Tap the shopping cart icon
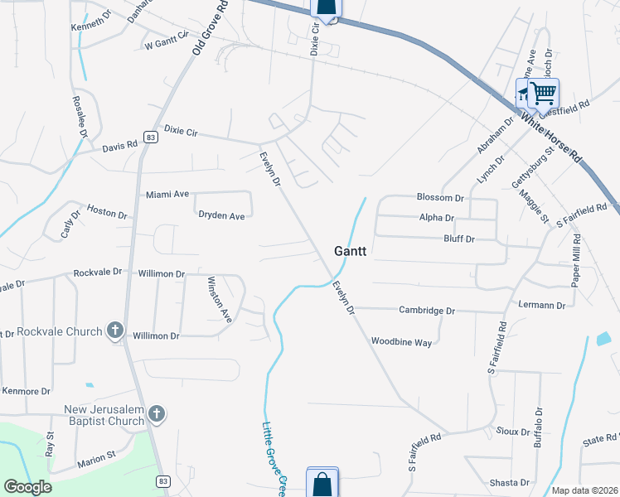coord(543,93)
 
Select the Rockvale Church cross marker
coord(115,331)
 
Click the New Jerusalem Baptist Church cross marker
coord(157,413)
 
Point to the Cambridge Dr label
coord(427,311)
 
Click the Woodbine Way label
coord(401,341)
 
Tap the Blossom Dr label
coord(440,198)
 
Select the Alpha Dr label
coord(437,218)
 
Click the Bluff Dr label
coord(458,239)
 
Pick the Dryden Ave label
coord(221,215)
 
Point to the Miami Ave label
coord(167,194)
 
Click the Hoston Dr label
coord(107,213)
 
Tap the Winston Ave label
coord(219,299)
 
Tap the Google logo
coord(28,487)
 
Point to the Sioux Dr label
coord(514,432)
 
